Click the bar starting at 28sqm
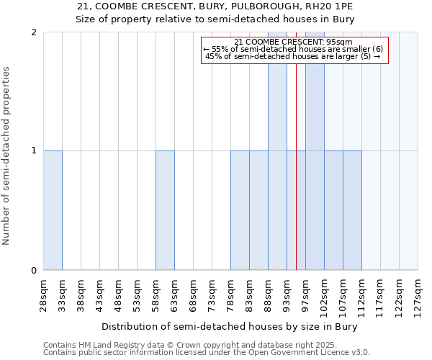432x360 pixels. pos(53,210)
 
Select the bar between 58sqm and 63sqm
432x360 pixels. pos(165,210)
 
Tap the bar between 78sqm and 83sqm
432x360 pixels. pos(240,210)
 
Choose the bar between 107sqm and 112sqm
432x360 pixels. pos(352,210)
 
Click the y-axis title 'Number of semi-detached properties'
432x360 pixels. pos(7,156)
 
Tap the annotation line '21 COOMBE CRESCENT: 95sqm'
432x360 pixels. pos(294,42)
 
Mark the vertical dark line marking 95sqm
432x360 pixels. pos(296,180)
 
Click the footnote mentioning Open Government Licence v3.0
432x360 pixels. pos(207,353)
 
